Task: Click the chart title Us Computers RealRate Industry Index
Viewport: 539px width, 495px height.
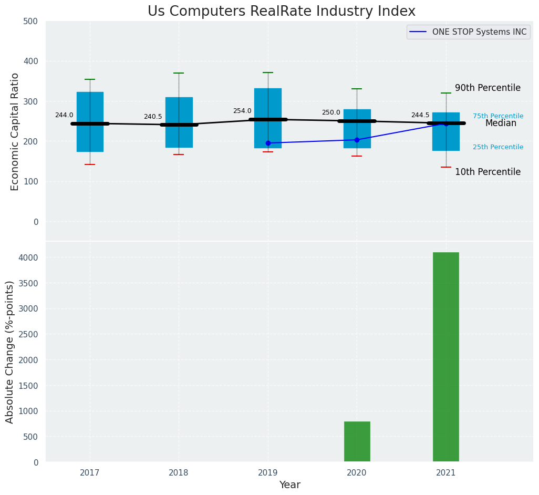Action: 281,12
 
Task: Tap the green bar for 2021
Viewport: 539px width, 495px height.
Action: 445,357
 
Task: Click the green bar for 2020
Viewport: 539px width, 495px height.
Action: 357,441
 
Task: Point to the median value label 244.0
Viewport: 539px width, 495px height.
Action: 64,116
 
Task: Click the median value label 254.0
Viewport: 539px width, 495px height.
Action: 242,111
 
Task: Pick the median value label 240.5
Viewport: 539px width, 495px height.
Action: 153,117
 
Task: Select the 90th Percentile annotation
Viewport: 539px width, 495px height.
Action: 488,88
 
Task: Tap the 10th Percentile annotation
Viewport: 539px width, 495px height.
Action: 488,172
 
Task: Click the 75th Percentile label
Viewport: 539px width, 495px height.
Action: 497,116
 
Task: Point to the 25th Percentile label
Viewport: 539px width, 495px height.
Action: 497,147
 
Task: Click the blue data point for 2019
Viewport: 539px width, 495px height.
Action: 268,143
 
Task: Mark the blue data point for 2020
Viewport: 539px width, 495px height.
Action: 357,140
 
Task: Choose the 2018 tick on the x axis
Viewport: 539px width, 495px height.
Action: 179,473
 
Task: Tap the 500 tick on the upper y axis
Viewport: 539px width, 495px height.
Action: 30,21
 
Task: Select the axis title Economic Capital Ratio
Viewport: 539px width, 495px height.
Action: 15,131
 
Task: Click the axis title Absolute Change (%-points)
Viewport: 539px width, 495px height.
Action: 10,352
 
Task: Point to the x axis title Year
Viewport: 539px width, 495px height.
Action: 289,485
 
